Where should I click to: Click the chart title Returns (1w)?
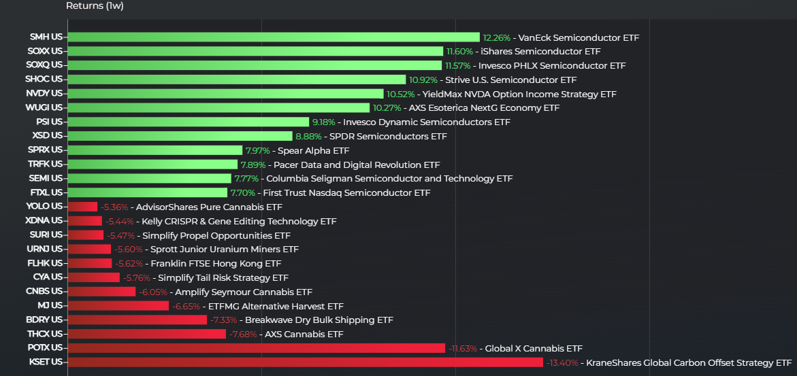coord(95,6)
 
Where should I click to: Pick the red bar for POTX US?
coord(256,348)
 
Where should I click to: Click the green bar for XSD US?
coord(180,136)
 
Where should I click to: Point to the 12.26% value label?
coord(495,37)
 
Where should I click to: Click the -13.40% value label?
coord(562,363)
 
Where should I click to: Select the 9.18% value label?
coord(323,122)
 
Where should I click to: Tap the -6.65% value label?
coord(186,306)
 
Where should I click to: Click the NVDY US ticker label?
coord(44,93)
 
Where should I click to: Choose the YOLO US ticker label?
coord(44,207)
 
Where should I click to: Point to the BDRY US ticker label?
coord(44,320)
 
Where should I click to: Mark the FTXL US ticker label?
coord(46,192)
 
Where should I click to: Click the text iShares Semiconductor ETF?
coord(540,52)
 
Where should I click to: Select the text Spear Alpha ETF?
coord(313,150)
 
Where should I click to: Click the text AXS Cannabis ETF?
coord(304,335)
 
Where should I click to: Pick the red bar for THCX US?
coord(146,334)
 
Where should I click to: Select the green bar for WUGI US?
coord(218,107)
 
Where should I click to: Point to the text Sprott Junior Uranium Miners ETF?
coord(225,250)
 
